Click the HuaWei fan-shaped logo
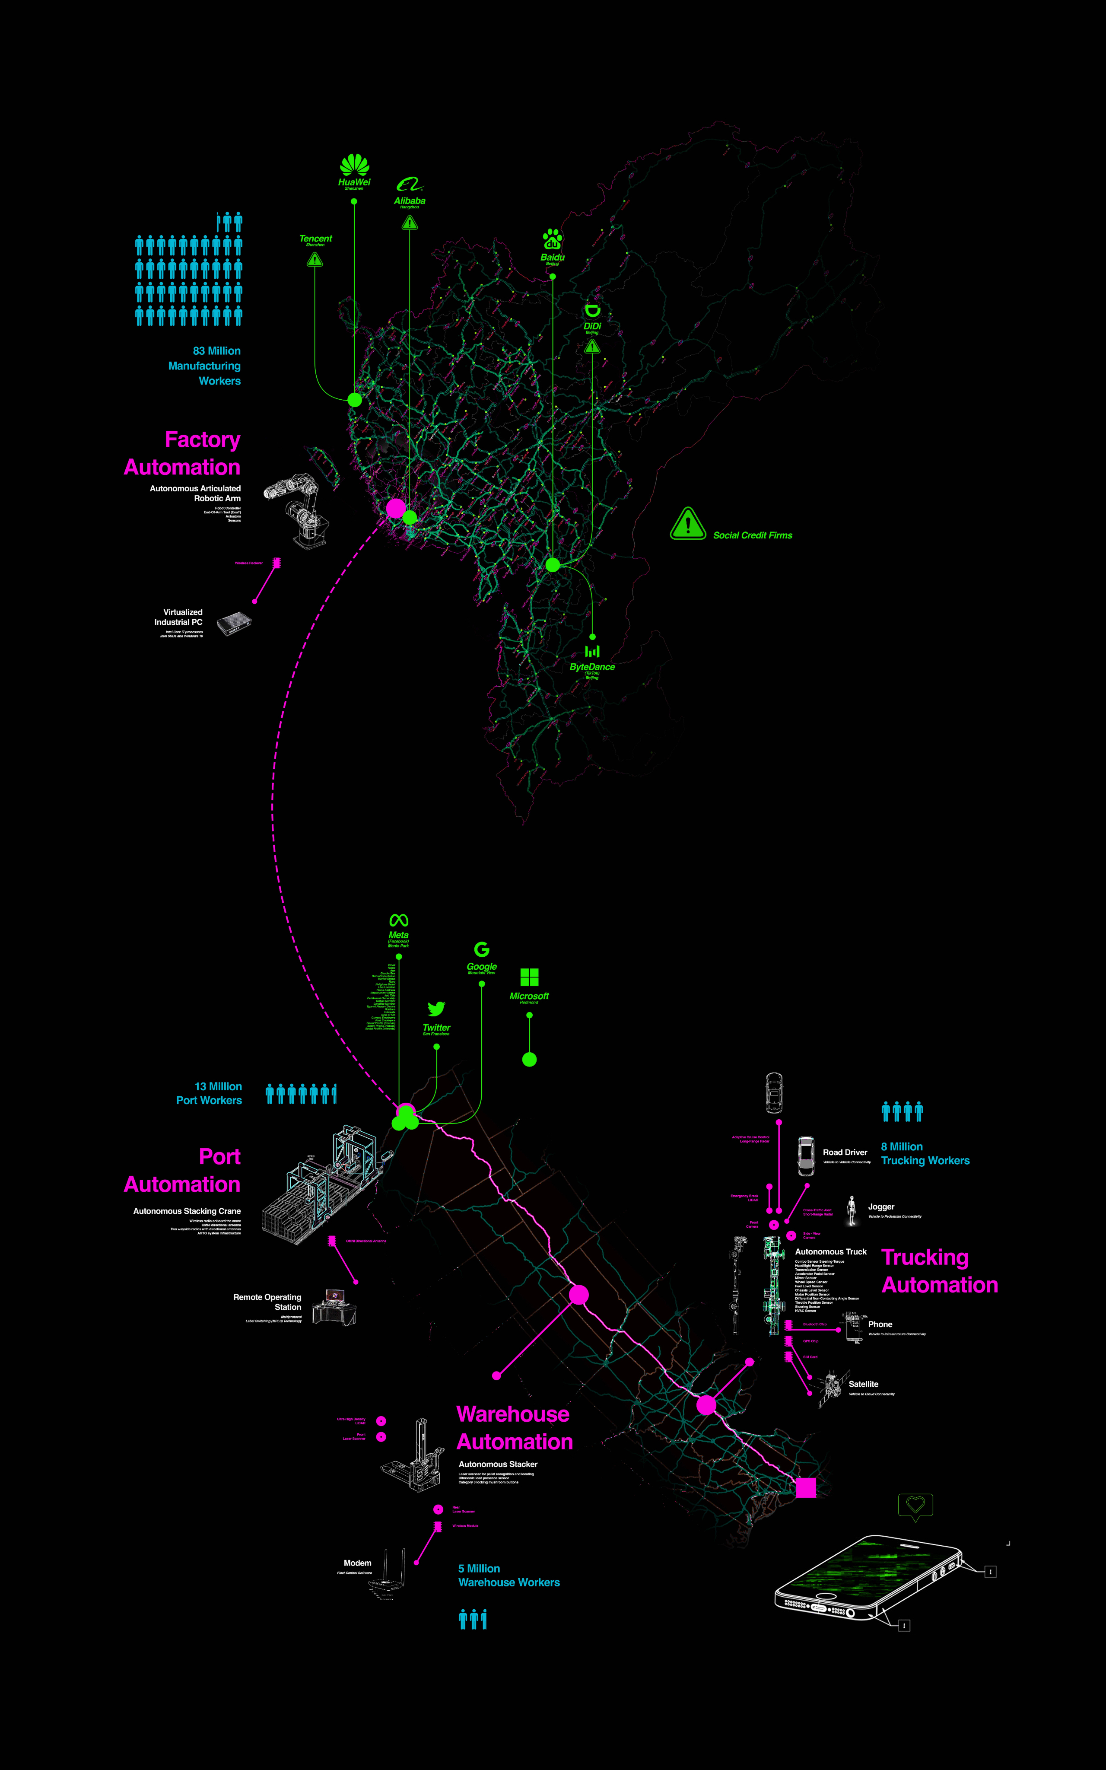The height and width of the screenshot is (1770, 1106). tap(354, 166)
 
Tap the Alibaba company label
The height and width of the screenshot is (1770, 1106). tap(410, 201)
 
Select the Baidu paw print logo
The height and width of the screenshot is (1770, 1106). tap(552, 239)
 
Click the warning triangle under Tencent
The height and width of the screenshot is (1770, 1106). tap(315, 260)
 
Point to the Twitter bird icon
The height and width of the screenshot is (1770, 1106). tap(437, 1009)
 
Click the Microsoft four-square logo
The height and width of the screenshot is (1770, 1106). tap(529, 977)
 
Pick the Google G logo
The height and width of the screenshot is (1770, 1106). tap(481, 949)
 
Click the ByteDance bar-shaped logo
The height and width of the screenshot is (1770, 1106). tap(592, 651)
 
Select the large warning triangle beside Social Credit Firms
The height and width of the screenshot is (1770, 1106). tap(688, 524)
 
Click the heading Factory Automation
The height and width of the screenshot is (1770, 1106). tap(182, 453)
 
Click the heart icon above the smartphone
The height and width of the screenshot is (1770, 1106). tap(915, 1505)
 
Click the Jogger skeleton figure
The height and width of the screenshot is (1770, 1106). tap(852, 1211)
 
